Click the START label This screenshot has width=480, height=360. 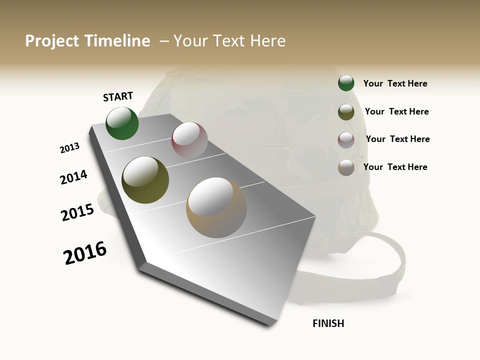click(x=118, y=96)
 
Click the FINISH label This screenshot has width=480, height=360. click(x=328, y=323)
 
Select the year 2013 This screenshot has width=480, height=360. click(x=69, y=148)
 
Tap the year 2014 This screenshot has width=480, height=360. click(x=73, y=177)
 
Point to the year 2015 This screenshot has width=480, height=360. click(x=77, y=212)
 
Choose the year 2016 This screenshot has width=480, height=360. click(x=85, y=252)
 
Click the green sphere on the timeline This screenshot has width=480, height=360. click(x=122, y=123)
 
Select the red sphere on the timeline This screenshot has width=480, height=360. click(x=189, y=140)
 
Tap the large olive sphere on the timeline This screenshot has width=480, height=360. click(x=145, y=180)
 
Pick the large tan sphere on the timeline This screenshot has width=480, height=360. click(x=216, y=207)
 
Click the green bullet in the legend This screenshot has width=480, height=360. click(x=346, y=83)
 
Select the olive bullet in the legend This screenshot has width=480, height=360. click(x=346, y=112)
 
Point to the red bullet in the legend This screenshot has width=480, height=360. click(x=346, y=139)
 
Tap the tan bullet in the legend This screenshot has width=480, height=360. click(x=346, y=167)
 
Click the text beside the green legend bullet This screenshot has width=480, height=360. click(x=395, y=83)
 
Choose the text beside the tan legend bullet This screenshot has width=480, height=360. click(x=395, y=167)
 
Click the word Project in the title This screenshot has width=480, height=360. click(x=51, y=41)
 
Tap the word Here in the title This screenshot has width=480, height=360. click(x=267, y=41)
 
